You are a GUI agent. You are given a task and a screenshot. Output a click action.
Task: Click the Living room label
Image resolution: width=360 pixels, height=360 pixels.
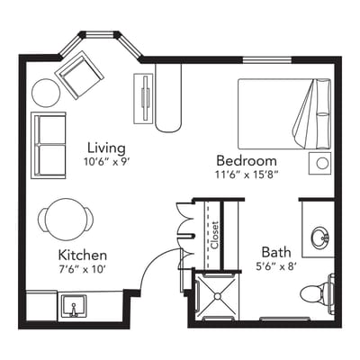(x=106, y=148)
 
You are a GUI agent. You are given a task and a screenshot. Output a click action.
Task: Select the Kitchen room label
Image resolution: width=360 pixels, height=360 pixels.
(x=83, y=255)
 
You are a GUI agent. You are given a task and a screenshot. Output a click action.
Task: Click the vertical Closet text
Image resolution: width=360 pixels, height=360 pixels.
(x=215, y=235)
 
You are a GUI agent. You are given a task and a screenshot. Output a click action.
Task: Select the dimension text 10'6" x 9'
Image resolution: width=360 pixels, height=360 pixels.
(x=106, y=162)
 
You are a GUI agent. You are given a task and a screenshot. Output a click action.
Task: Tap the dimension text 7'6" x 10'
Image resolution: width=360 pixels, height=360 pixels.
(x=83, y=269)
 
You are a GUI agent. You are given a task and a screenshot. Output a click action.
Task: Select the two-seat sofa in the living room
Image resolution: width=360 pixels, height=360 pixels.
(x=48, y=144)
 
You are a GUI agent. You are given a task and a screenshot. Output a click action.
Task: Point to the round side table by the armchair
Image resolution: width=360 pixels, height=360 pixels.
(x=45, y=93)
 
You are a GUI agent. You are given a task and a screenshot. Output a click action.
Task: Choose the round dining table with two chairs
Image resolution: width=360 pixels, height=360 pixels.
(x=65, y=218)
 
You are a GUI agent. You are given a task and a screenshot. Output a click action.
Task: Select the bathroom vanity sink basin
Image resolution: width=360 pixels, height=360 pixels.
(x=319, y=238)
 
